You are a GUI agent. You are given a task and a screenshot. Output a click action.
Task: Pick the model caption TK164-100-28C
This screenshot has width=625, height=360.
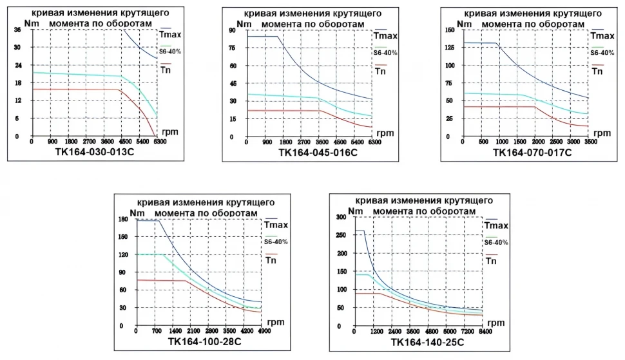click(204, 341)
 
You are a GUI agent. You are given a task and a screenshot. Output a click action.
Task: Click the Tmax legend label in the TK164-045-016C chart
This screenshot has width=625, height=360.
click(385, 35)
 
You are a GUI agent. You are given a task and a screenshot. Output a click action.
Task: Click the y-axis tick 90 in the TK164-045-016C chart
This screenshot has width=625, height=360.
click(231, 30)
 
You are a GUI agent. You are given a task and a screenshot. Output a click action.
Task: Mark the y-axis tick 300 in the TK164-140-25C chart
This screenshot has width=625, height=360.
click(341, 217)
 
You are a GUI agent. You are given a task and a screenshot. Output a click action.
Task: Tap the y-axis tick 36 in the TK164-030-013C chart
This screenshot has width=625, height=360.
click(17, 30)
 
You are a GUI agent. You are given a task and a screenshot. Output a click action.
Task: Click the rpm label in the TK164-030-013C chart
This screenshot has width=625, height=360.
click(170, 131)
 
